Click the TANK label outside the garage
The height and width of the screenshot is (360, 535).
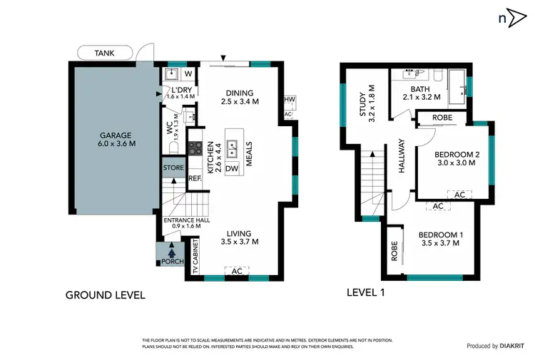point(104,52)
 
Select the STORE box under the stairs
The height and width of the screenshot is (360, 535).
point(173,168)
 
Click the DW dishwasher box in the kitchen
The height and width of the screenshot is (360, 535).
point(232,168)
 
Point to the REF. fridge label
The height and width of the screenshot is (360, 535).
point(195,178)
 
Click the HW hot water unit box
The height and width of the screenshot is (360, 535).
point(289,101)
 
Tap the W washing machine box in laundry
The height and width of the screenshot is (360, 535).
point(188,73)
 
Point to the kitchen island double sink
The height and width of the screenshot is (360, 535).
point(233,149)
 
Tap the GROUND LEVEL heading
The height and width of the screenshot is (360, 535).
point(105,294)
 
